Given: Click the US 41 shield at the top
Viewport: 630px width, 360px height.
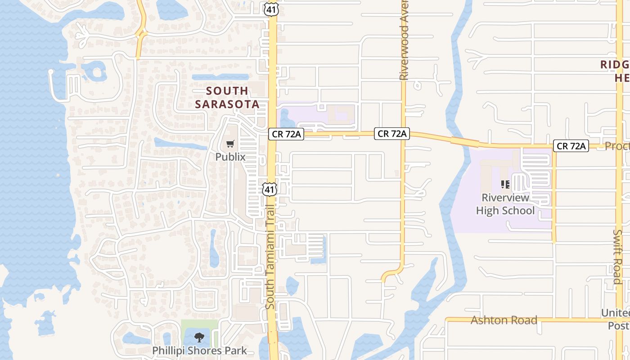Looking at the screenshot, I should coord(271,9).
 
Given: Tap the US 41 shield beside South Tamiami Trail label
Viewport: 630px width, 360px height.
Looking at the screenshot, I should coord(269,189).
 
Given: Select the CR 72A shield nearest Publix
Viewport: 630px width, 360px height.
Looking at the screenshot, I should coord(286,134).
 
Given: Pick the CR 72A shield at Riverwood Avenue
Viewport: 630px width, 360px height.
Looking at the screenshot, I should coord(392,134).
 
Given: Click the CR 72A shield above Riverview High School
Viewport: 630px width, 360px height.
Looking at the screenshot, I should coord(571,146).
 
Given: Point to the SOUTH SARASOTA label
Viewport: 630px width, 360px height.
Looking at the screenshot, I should coord(227,98).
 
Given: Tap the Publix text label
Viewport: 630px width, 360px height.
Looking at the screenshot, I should coord(230,157).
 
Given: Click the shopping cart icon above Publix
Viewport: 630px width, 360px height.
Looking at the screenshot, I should coord(230,144).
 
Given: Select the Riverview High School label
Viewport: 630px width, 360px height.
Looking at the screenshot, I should coord(505,204).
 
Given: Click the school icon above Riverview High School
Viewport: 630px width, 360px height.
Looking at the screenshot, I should coord(505,184).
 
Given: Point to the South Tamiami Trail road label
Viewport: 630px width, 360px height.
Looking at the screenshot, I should coord(270,257).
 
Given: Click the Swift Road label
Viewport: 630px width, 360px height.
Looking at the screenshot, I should coord(617,256).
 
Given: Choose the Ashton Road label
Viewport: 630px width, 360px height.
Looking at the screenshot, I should coord(504,320).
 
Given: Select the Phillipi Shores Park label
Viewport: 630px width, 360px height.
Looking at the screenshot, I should coord(199,351).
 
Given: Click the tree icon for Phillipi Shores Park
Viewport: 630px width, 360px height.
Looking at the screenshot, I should coord(199,337).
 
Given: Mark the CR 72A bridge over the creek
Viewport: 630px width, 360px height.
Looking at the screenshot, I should coord(465,142).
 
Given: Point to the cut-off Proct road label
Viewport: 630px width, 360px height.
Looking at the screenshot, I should coord(617,146).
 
